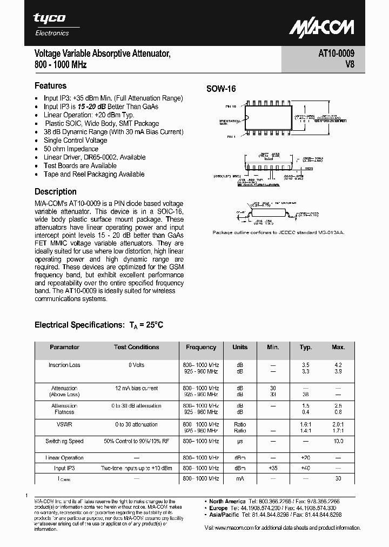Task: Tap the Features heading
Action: [50, 85]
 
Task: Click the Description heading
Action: [55, 191]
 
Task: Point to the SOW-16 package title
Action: [221, 89]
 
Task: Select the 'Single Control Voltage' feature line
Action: [76, 140]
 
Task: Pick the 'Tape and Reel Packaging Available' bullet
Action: [93, 174]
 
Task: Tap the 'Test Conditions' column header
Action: [136, 347]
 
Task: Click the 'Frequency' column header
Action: [200, 347]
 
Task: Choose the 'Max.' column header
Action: [338, 347]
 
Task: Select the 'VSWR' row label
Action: [64, 424]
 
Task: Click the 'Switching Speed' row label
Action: [64, 441]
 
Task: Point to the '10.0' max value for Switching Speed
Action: [338, 441]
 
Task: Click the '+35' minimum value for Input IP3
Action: [273, 468]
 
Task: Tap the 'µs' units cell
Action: [240, 441]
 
